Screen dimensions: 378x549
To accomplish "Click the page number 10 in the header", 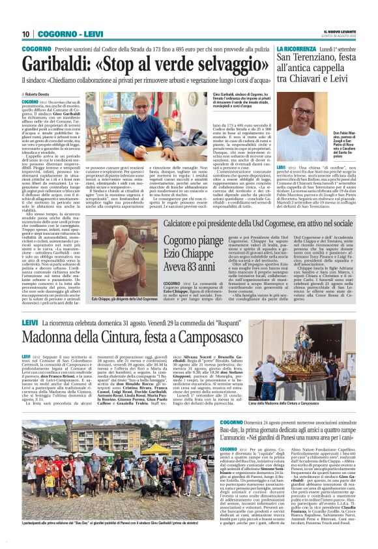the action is coord(26,34).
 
